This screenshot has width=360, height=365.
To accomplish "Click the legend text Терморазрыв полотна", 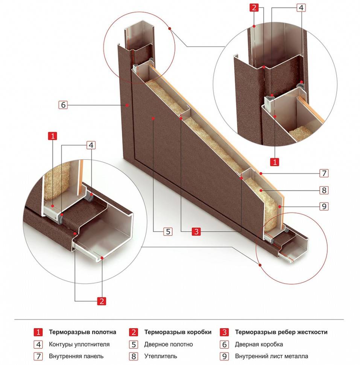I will point(82,332).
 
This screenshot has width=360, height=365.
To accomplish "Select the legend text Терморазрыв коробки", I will point(178,332).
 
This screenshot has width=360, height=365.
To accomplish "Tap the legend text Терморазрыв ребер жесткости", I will point(281,332).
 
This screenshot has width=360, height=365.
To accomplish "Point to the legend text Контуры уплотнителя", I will point(79,344).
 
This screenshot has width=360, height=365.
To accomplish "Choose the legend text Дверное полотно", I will point(168,344).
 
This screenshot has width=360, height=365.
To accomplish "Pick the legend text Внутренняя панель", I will point(76,356).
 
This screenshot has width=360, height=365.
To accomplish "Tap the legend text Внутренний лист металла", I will point(272,356).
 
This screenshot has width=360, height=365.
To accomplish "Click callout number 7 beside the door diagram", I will point(324,173).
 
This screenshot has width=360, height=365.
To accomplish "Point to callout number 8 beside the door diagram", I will point(324,190).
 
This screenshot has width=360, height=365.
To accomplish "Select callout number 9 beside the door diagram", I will point(324,206).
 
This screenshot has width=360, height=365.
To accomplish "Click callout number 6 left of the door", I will point(63,105).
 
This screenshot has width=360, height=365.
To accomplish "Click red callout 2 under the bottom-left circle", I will point(101,301).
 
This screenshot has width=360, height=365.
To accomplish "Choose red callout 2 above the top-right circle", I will point(255,8).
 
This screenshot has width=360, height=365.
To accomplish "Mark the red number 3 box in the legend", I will point(225,332).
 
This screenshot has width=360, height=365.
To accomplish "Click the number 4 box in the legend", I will point(38,344).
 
